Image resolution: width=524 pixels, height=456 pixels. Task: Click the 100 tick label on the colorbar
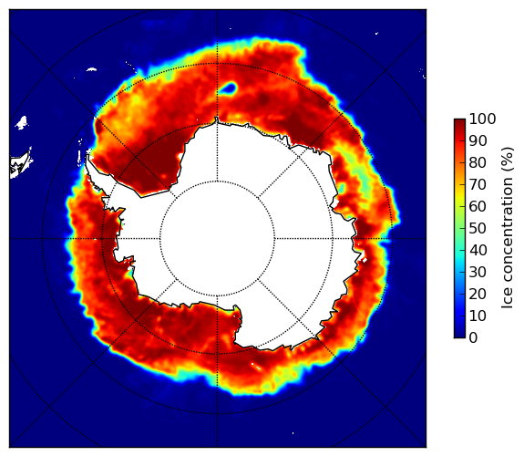[482, 119]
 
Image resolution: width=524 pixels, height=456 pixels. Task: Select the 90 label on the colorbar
[478, 140]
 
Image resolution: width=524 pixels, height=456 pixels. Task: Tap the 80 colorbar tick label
[478, 163]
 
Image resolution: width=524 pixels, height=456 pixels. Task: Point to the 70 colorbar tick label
[478, 184]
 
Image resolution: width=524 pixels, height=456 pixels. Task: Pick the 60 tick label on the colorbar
[478, 206]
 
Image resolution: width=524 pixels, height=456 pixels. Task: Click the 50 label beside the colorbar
[478, 229]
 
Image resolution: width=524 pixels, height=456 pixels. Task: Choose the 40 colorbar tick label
[478, 250]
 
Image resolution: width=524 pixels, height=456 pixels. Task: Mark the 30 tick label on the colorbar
[478, 272]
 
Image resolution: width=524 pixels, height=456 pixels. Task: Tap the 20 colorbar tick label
[478, 294]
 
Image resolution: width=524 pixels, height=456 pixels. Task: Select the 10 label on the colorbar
[478, 316]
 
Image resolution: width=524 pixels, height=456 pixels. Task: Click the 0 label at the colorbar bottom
[474, 338]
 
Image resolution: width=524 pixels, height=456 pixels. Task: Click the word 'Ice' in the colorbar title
[508, 300]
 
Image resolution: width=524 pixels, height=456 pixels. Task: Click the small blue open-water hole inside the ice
[228, 88]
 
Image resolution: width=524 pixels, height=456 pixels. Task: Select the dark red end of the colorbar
[459, 122]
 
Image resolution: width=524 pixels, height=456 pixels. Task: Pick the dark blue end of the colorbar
[459, 335]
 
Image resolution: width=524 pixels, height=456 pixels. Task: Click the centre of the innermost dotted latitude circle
[217, 239]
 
